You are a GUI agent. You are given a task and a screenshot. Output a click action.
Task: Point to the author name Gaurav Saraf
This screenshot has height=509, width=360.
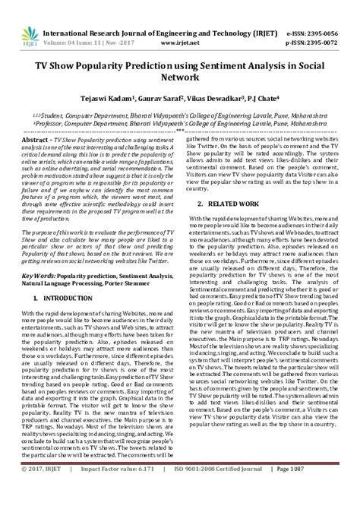172,98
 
